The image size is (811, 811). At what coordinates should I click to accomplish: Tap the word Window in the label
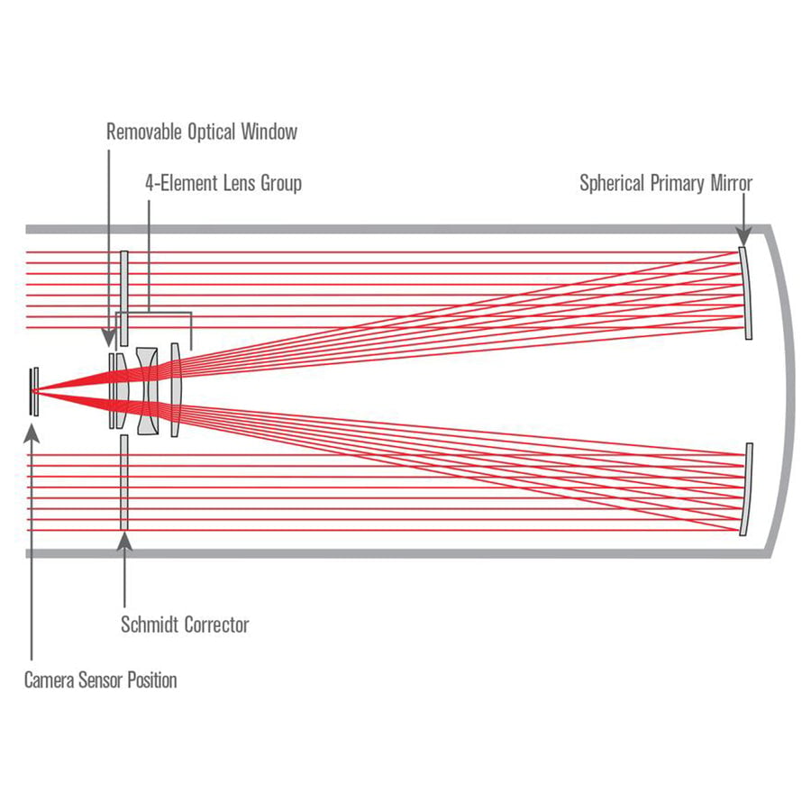269,132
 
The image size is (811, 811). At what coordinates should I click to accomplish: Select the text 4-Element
180,183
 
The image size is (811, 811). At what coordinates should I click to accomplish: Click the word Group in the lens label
281,184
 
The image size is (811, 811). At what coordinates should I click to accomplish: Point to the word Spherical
613,184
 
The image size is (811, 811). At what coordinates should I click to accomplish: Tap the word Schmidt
150,624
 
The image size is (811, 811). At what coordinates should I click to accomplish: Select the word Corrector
217,624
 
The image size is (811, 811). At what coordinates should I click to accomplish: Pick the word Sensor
100,680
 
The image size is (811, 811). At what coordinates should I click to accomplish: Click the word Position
152,680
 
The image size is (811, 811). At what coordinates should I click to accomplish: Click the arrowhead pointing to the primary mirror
743,237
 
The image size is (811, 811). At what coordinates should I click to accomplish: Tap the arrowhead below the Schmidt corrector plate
124,541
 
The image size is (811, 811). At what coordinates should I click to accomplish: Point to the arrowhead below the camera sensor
32,433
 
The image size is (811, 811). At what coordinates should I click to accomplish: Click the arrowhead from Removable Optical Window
109,338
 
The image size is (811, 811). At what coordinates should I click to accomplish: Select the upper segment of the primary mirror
745,293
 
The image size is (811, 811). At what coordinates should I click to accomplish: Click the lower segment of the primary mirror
745,489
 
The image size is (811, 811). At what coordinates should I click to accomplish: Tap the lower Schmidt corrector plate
124,482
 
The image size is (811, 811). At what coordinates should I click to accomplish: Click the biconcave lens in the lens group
148,391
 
